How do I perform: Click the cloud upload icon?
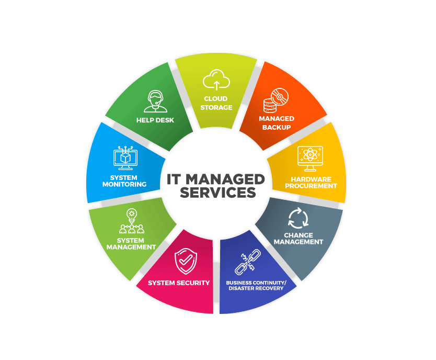pos(216,80)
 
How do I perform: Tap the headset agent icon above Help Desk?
pos(155,102)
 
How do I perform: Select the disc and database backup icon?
pos(276,100)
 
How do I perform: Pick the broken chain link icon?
pos(247,262)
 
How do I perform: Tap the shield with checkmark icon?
pos(186,261)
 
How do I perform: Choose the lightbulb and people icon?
pos(132,221)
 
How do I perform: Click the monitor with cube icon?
pos(125,157)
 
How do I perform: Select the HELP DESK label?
pos(155,120)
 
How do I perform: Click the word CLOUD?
pos(216,99)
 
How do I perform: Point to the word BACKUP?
pos(277,128)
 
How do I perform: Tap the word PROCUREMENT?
pos(311,186)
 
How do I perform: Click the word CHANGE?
pos(299,235)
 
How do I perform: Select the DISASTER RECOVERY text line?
pos(256,288)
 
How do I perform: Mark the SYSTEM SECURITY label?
pos(179,283)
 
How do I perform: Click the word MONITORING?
pos(124,184)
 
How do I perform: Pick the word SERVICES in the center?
pos(217,193)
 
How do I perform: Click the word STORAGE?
pos(216,107)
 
